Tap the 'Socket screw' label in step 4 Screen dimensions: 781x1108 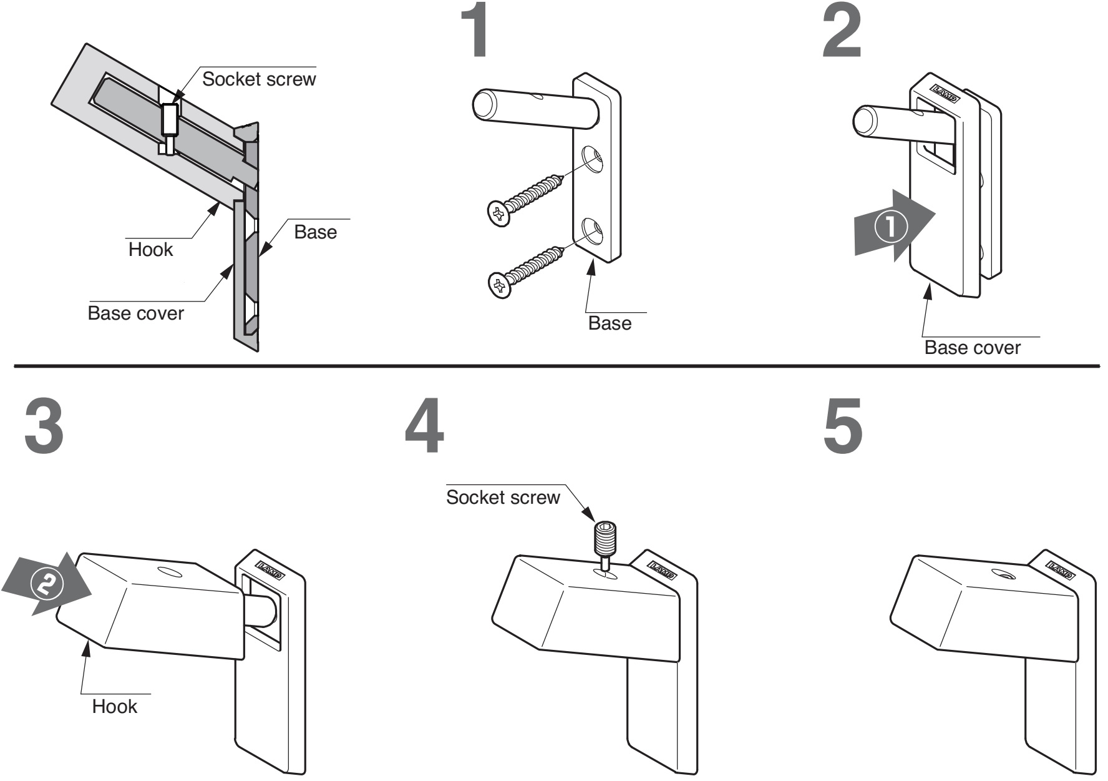click(503, 498)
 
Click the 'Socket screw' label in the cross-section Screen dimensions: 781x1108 click(259, 79)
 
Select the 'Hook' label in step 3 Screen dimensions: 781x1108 click(114, 706)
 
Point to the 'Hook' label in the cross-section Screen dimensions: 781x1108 click(150, 250)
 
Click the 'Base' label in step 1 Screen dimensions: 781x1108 click(610, 323)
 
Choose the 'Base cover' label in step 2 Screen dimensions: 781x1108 click(972, 348)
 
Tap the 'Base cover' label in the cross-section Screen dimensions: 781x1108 click(135, 313)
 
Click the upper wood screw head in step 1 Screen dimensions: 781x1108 click(498, 214)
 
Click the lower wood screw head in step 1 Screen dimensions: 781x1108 click(500, 286)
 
